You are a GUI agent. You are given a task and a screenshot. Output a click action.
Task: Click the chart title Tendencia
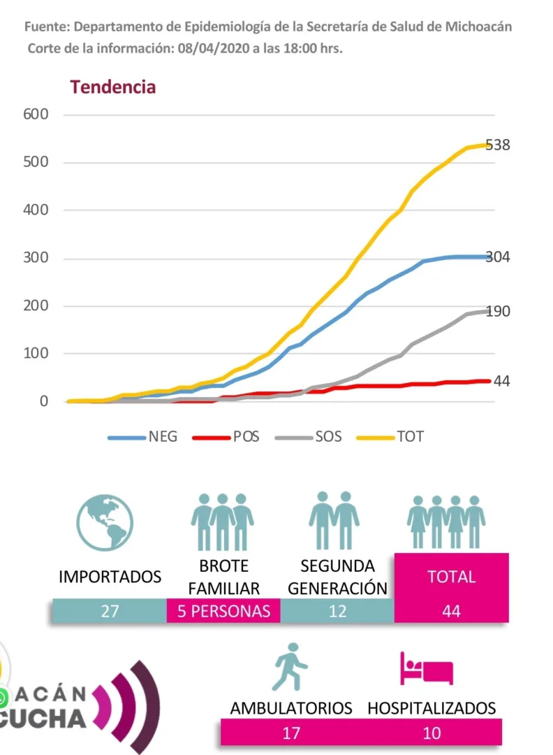click(x=112, y=87)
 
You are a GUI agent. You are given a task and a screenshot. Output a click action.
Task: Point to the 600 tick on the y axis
click(x=34, y=115)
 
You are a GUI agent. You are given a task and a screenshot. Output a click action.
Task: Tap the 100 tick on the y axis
click(x=34, y=354)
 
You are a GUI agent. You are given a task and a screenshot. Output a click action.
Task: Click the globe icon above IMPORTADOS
click(x=105, y=523)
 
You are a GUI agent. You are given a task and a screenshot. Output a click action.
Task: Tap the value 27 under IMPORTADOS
click(x=110, y=611)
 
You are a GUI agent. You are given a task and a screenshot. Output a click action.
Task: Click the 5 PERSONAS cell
click(x=223, y=611)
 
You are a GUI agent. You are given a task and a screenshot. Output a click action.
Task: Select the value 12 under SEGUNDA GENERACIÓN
click(x=338, y=611)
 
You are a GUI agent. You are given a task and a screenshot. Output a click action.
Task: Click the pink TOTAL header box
click(x=452, y=577)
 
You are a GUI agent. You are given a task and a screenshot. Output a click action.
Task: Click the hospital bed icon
click(x=426, y=668)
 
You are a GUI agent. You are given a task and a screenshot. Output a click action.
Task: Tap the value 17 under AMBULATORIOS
click(x=291, y=733)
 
